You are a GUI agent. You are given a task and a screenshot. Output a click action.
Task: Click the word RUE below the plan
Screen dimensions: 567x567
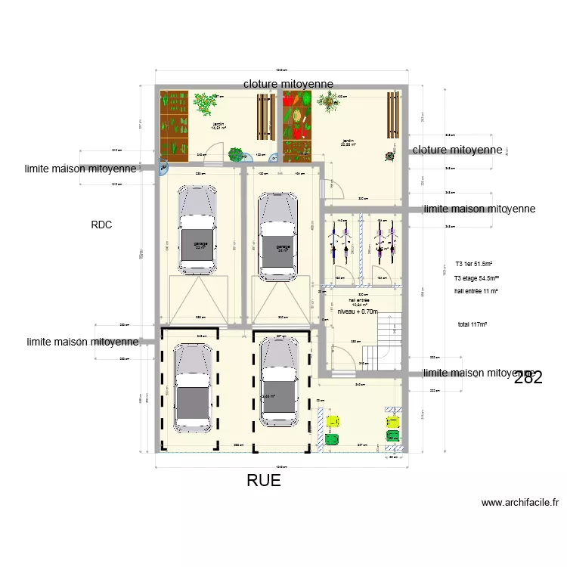(x=264, y=481)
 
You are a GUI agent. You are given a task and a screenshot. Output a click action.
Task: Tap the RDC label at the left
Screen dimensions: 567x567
(x=101, y=225)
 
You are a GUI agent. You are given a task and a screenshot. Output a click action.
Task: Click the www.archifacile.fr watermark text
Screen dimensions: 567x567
(x=520, y=502)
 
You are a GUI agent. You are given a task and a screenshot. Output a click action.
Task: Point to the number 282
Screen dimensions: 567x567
(x=528, y=378)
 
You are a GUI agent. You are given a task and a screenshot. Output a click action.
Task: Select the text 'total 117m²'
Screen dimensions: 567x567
(x=472, y=324)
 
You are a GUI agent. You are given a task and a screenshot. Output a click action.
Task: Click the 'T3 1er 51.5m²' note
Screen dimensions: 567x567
(x=474, y=265)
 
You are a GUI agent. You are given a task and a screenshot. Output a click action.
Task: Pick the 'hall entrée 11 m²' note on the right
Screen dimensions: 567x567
(x=476, y=291)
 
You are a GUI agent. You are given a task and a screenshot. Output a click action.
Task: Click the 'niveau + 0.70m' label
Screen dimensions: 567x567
(x=357, y=311)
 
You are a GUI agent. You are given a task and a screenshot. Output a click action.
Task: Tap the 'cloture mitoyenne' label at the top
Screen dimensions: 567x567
(x=288, y=83)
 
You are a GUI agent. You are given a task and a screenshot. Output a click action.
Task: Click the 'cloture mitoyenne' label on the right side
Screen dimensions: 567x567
(x=457, y=150)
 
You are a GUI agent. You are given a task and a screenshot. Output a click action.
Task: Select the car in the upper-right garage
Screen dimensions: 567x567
(x=277, y=235)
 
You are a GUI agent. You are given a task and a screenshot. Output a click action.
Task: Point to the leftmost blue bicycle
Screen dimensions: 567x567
(x=333, y=241)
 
